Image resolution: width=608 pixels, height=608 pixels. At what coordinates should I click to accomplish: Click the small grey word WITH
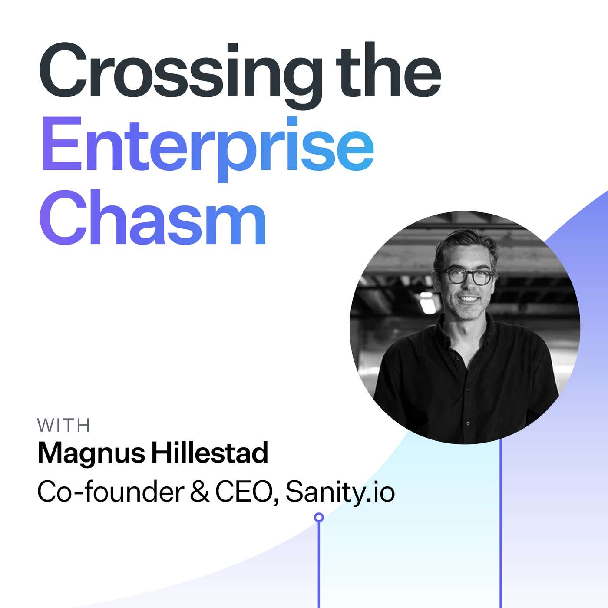[63, 426]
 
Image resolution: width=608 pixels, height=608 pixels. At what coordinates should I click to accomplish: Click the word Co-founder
[111, 492]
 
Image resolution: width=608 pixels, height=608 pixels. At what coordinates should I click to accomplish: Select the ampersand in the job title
[199, 492]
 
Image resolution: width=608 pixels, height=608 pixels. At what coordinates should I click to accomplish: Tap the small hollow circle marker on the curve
[319, 517]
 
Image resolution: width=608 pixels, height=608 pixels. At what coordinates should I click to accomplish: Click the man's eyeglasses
[467, 276]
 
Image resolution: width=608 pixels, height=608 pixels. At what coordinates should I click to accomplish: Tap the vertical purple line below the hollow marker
[319, 565]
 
